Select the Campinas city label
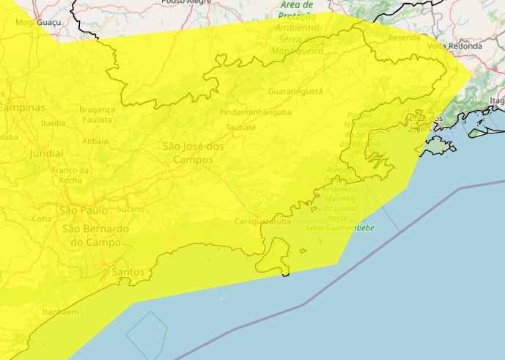click(21, 107)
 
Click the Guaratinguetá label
click(295, 92)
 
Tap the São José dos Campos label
click(193, 153)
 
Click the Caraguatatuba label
click(262, 221)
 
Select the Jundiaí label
click(48, 154)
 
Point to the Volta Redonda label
click(454, 46)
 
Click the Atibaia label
click(95, 140)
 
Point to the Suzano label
click(131, 208)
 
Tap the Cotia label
click(42, 218)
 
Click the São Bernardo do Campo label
click(95, 235)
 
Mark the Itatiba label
click(54, 123)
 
